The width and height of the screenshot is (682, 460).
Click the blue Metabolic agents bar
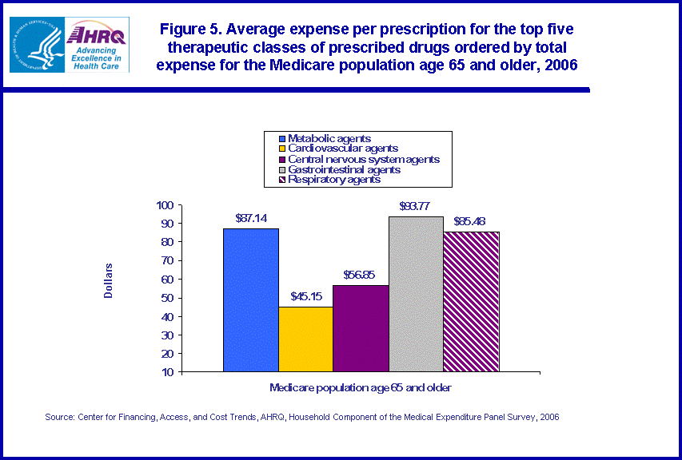click(x=251, y=299)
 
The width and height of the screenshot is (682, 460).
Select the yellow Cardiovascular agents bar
click(x=306, y=339)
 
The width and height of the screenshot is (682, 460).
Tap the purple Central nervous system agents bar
click(x=361, y=327)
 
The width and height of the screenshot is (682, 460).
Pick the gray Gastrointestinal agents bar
click(x=416, y=294)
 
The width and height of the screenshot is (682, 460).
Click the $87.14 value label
click(x=251, y=217)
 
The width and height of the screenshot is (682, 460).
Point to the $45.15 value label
click(x=306, y=295)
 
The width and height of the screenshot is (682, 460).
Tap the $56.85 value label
click(x=360, y=274)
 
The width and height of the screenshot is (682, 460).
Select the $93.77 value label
click(x=416, y=205)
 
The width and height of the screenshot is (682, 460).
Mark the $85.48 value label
click(x=471, y=220)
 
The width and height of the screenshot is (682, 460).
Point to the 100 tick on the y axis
click(x=165, y=205)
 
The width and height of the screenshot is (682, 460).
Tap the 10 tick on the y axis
click(x=167, y=372)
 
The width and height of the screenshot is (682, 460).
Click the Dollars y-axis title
click(x=109, y=281)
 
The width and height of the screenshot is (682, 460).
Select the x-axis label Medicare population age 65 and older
click(x=361, y=387)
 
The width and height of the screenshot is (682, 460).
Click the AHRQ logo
click(x=96, y=45)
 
